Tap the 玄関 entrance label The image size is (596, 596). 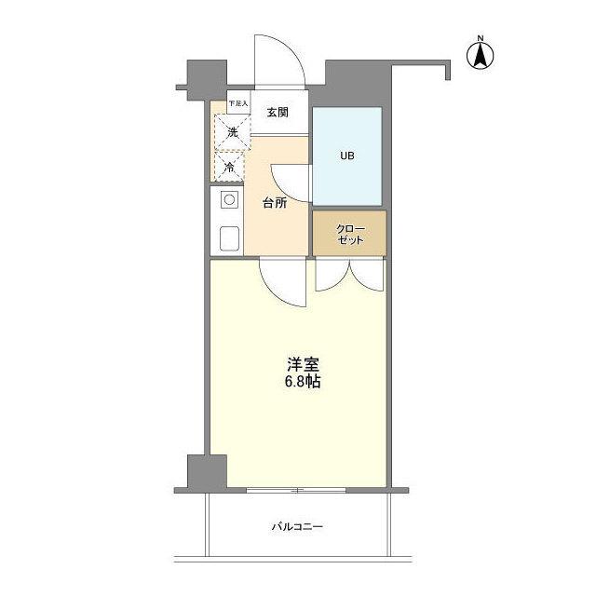click(x=278, y=113)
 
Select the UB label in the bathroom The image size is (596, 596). click(x=345, y=156)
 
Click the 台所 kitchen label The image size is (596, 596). click(x=274, y=202)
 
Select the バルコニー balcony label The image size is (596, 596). click(x=297, y=527)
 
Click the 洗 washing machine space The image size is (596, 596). click(x=229, y=132)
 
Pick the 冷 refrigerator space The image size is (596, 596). click(x=228, y=168)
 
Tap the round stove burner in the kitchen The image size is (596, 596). click(x=228, y=199)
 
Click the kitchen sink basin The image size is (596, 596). click(x=229, y=238)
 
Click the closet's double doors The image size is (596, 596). click(x=348, y=276)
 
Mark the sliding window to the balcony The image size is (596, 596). click(x=296, y=489)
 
